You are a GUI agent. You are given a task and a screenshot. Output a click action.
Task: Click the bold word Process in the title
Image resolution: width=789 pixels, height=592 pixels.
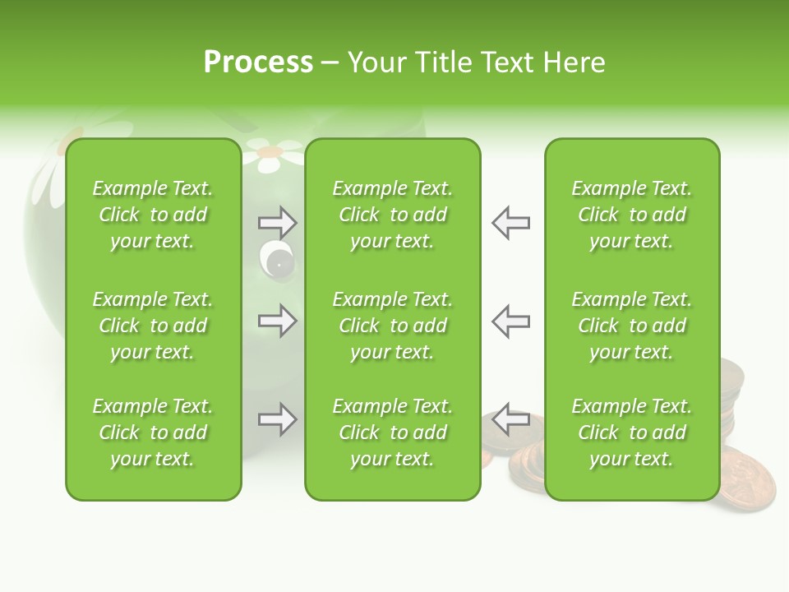(x=258, y=62)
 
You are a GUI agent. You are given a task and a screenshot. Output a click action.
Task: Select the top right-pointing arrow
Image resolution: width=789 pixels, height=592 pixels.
(x=277, y=222)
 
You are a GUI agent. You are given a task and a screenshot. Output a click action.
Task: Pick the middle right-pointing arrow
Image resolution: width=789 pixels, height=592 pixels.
(x=277, y=321)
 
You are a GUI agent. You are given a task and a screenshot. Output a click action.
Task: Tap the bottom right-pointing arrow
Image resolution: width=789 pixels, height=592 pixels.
(x=277, y=420)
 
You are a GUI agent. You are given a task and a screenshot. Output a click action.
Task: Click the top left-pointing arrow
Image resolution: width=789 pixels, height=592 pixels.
(x=511, y=222)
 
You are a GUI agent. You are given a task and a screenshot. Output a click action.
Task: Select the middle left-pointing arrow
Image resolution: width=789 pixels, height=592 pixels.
(x=511, y=321)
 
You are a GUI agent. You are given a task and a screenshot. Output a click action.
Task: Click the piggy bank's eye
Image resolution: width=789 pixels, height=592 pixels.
(x=276, y=261)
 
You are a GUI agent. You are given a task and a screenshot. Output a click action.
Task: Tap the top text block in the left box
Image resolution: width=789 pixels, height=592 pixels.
(x=153, y=215)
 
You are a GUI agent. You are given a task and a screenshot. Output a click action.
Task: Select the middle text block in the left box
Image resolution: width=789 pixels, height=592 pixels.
(x=153, y=326)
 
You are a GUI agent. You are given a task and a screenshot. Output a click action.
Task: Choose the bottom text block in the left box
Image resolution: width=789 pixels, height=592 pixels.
(x=153, y=432)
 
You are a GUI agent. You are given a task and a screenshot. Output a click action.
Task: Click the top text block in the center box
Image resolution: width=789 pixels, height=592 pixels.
(x=392, y=215)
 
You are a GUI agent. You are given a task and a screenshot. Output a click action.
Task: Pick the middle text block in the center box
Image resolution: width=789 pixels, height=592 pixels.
(x=392, y=326)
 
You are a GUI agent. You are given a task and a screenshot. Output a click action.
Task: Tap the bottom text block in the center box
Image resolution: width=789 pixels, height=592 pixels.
(x=392, y=432)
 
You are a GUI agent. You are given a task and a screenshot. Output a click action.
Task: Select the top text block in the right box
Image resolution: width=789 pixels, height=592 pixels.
(x=631, y=215)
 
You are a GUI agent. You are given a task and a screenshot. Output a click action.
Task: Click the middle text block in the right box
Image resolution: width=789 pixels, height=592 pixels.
(x=631, y=326)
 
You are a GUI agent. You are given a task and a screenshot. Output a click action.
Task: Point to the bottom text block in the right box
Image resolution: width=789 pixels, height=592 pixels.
(x=631, y=432)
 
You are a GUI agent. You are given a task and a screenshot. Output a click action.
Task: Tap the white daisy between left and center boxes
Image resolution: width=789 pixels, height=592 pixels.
(x=268, y=155)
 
